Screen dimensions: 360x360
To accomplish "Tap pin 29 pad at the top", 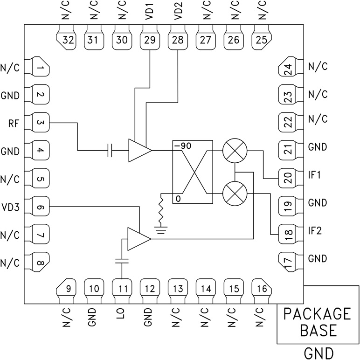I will point(150,40).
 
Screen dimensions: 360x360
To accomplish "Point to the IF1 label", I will point(317,176).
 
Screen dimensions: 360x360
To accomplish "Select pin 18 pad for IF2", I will point(287,232).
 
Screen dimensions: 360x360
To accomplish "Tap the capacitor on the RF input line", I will point(110,150).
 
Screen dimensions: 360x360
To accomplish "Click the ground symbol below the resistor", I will point(161,230).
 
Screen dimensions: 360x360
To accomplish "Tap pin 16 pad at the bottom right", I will point(262,289).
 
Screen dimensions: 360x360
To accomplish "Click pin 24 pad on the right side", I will point(287,69).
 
